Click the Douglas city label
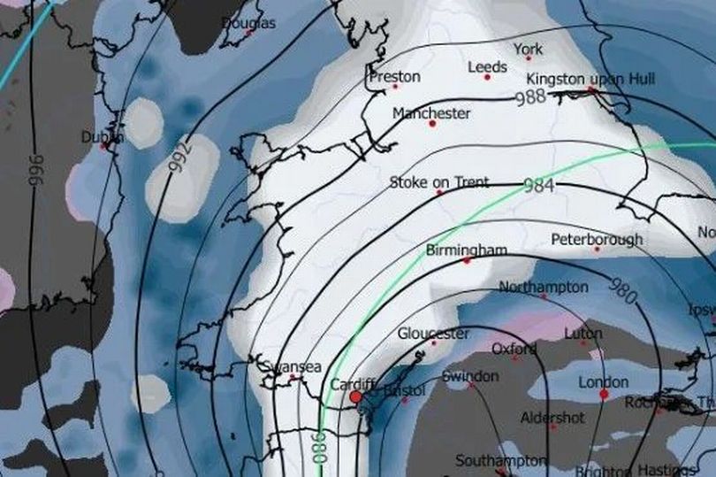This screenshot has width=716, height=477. [x=248, y=23]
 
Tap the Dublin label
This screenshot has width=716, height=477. [x=103, y=137]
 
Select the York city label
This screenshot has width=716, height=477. [x=528, y=50]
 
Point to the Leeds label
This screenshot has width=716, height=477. [x=487, y=67]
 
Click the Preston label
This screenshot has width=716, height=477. [x=394, y=77]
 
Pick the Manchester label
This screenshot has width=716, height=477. [x=431, y=113]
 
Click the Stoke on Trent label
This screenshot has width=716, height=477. [x=438, y=182]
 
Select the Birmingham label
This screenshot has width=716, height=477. [x=466, y=250]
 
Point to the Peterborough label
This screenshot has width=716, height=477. [x=597, y=240]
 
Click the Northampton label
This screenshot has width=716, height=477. [x=543, y=288]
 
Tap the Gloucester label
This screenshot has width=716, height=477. [x=433, y=334]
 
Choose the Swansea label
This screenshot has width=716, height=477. [x=291, y=367]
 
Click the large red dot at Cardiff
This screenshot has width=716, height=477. [x=355, y=398]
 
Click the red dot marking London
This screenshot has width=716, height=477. [x=604, y=395]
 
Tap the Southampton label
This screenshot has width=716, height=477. [x=500, y=461]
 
